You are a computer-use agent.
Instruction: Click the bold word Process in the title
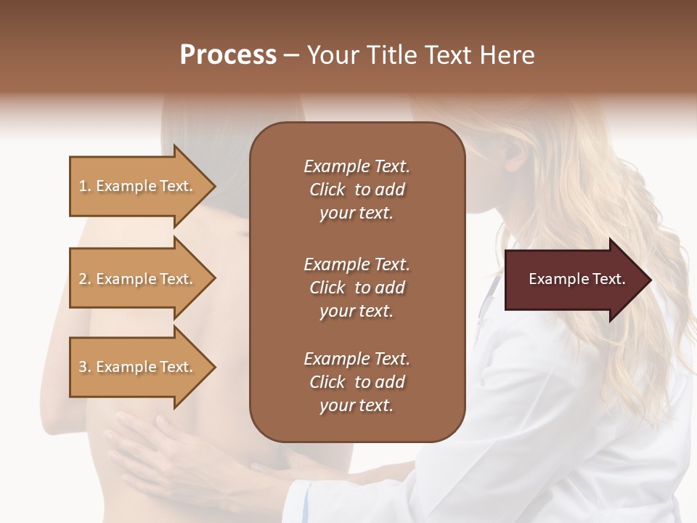tap(228, 55)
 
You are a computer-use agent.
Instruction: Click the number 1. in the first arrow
tap(84, 186)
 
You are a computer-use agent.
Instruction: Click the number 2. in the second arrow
tap(84, 279)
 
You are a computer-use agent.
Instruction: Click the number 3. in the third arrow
tap(84, 367)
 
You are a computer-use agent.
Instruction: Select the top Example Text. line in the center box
tap(356, 166)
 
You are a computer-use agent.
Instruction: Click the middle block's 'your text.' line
tap(356, 311)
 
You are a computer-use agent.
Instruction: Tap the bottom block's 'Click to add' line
tap(356, 382)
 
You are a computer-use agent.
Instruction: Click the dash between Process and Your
tap(292, 56)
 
